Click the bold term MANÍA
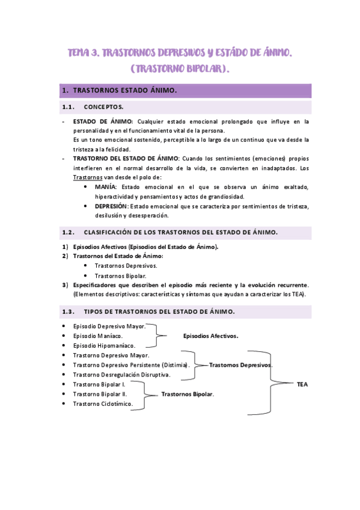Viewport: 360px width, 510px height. pos(106,188)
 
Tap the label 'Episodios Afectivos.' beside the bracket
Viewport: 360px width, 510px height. pos(211,336)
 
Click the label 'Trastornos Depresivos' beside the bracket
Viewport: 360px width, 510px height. pos(240,365)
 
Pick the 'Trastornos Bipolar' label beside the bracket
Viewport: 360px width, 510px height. pos(188,394)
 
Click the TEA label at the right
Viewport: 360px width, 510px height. pos(302,384)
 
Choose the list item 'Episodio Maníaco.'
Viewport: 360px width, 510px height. pos(98,336)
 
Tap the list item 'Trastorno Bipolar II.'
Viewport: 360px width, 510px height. pos(100,393)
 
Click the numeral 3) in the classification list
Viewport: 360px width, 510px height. pos(65,284)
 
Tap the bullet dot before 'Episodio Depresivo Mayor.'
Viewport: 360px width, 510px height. pos(64,326)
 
